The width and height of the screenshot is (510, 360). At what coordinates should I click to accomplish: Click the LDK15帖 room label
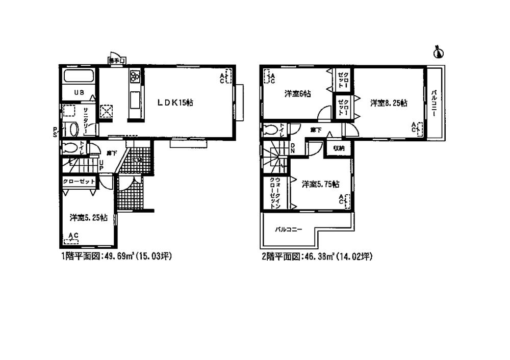(x=175, y=102)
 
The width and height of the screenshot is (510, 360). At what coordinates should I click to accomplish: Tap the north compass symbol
(x=438, y=52)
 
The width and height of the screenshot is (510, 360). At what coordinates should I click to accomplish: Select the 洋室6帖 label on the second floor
(x=298, y=94)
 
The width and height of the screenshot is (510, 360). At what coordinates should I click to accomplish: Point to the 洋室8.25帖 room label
(x=389, y=103)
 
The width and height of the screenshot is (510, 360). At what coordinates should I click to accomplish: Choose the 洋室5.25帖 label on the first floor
(x=88, y=217)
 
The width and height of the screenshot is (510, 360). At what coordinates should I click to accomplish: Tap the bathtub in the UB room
(x=78, y=78)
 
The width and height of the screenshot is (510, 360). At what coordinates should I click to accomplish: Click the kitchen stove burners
(x=136, y=77)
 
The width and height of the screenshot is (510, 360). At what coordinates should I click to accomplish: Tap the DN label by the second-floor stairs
(x=293, y=148)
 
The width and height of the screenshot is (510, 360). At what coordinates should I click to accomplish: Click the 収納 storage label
(x=339, y=148)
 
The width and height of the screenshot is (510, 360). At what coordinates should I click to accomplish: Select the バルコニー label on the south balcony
(x=289, y=229)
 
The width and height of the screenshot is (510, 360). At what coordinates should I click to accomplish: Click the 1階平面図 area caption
(x=116, y=257)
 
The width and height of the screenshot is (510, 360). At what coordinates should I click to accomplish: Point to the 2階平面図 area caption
(x=316, y=257)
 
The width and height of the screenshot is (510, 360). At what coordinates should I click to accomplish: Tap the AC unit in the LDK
(x=225, y=77)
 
